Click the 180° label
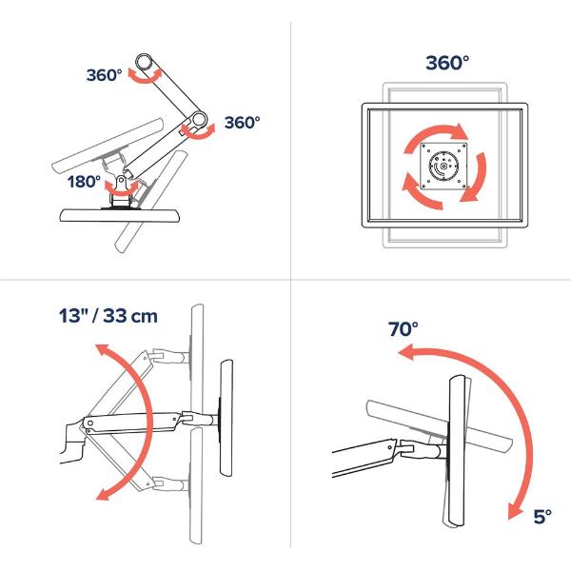[84, 182]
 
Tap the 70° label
[404, 329]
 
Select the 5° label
[542, 517]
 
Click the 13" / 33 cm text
[108, 316]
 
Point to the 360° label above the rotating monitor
[447, 63]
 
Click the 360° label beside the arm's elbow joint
[242, 123]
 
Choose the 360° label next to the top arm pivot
[104, 75]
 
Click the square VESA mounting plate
[443, 166]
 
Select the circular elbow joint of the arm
[199, 118]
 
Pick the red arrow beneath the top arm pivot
[145, 79]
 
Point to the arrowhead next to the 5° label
[514, 510]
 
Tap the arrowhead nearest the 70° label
[406, 353]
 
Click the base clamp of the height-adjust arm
[73, 442]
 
